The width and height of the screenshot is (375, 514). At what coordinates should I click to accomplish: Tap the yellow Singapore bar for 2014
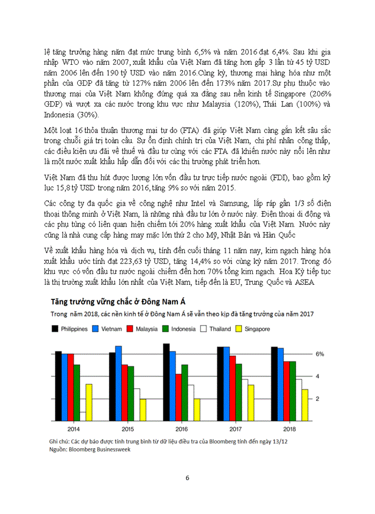(x=89, y=402)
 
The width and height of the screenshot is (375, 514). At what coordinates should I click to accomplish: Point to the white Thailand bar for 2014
(x=82, y=416)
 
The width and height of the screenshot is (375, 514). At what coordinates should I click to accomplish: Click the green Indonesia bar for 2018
(x=293, y=391)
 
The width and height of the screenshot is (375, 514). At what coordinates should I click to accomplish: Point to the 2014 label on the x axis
(x=73, y=429)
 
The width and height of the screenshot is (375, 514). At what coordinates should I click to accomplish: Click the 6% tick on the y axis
(x=320, y=354)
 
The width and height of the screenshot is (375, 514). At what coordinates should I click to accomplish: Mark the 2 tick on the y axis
(x=318, y=399)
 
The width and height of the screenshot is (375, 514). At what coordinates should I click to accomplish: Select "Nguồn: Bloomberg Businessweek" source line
(x=89, y=450)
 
